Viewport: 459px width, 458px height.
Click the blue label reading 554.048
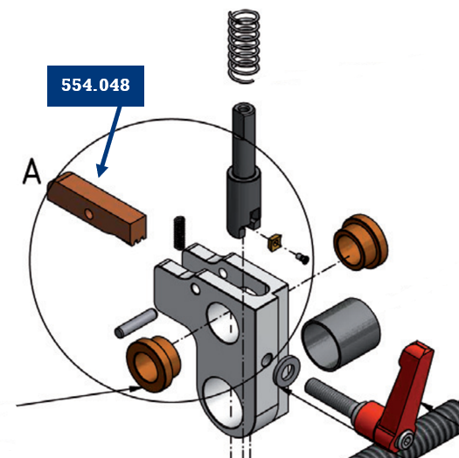[x=95, y=86]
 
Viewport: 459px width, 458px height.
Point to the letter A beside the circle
[x=31, y=172]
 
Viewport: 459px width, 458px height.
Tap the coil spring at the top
[x=244, y=46]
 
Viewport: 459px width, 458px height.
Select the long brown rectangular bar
[x=97, y=208]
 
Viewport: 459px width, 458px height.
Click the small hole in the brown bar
[x=88, y=214]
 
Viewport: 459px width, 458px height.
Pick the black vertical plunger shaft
[x=244, y=170]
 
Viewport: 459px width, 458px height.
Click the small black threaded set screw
[x=179, y=233]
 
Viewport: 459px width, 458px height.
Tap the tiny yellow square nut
[x=275, y=242]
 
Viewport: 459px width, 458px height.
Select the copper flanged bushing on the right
[x=360, y=242]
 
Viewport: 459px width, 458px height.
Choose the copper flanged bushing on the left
[x=153, y=364]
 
